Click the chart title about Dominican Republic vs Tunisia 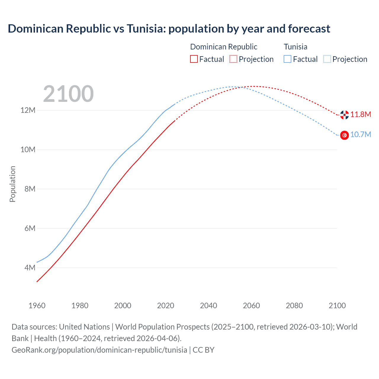coord(169,29)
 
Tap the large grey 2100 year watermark coord(68,94)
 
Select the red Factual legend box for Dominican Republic coord(194,59)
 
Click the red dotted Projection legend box coord(233,59)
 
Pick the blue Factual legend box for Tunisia coord(287,59)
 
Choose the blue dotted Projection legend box coord(327,59)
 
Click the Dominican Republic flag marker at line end coord(344,115)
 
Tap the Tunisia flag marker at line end coord(344,135)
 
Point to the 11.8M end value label coord(361,115)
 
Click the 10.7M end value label coord(361,135)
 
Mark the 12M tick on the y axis coord(28,110)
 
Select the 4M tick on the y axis coord(30,268)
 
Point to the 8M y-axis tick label coord(30,189)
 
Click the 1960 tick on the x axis coord(37,306)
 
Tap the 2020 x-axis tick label coord(166,306)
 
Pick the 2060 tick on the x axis coord(251,306)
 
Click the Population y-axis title coord(12,184)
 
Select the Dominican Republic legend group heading coord(224,47)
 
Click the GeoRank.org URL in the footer coord(99,350)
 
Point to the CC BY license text coord(203,350)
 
